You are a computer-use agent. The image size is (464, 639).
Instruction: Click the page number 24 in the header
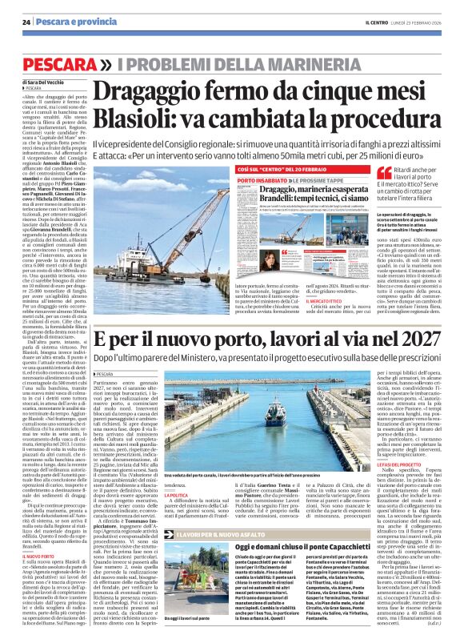26,21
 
